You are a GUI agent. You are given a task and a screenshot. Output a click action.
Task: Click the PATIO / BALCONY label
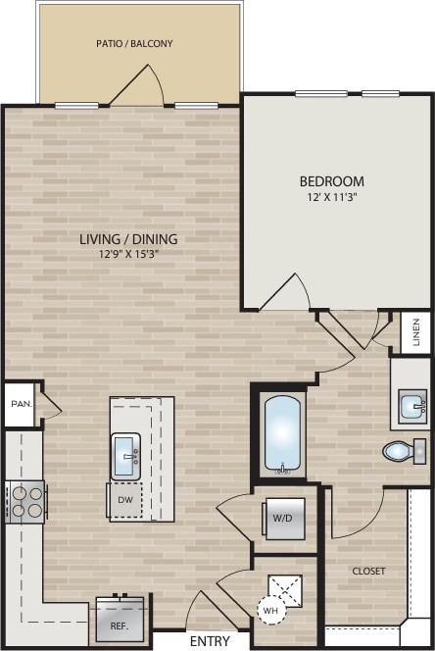tap(134, 43)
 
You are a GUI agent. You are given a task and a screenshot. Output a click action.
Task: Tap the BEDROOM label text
tap(331, 181)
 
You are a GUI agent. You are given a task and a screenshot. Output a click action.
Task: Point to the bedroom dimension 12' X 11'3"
tap(331, 197)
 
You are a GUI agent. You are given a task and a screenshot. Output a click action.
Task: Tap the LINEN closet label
tap(416, 333)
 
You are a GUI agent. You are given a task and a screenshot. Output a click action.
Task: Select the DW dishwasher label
tap(124, 499)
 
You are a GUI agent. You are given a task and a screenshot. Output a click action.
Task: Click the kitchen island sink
tap(125, 455)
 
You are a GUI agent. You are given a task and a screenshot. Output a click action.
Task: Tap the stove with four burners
tap(25, 501)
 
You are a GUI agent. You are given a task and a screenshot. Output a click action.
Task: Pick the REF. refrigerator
tap(120, 619)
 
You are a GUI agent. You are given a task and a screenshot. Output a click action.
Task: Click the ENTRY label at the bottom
tap(210, 640)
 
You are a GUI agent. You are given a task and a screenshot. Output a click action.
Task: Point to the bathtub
tap(283, 433)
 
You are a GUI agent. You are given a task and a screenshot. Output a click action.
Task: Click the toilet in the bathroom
tap(402, 451)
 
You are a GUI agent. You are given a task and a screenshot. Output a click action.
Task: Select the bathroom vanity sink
tap(412, 403)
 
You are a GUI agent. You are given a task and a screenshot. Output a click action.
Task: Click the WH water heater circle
tap(270, 609)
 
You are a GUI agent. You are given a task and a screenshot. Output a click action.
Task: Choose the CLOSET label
tap(368, 571)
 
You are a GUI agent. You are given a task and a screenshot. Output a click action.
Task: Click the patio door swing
tap(137, 86)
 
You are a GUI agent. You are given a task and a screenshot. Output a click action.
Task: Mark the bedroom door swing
tap(286, 291)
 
